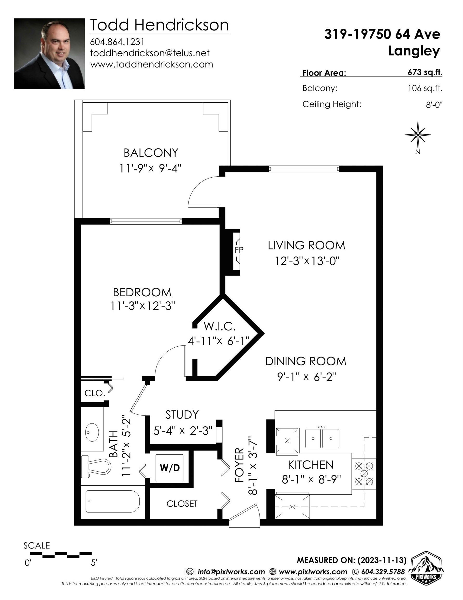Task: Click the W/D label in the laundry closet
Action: [170, 468]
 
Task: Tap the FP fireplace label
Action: [239, 250]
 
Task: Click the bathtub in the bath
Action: [113, 501]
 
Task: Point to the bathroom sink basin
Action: [92, 432]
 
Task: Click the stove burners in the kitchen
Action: [364, 474]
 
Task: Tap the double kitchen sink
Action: [322, 439]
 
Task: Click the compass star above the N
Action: [418, 135]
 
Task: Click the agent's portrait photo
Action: [49, 54]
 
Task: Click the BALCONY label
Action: [151, 153]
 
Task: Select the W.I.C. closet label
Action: [220, 326]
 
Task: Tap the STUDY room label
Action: [182, 415]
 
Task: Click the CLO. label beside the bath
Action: [95, 393]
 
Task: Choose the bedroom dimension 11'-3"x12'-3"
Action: [143, 305]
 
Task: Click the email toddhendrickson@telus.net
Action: [150, 53]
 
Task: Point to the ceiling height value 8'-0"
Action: [434, 104]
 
